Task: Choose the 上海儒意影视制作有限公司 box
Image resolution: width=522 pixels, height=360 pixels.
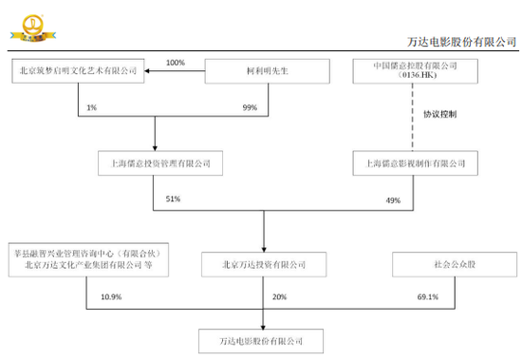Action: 411,163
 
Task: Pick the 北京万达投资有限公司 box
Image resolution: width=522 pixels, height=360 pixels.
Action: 264,263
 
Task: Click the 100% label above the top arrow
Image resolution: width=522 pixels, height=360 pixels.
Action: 176,62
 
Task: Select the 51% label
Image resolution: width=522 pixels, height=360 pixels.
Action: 172,200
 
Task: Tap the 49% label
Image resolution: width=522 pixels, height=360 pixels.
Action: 393,200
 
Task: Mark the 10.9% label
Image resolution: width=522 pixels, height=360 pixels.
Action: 111,297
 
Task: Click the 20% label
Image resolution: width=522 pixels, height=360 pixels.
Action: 281,297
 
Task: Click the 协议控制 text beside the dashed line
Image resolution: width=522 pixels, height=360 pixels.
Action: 439,116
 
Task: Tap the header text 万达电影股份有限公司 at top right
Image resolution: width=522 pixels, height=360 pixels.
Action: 460,41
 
